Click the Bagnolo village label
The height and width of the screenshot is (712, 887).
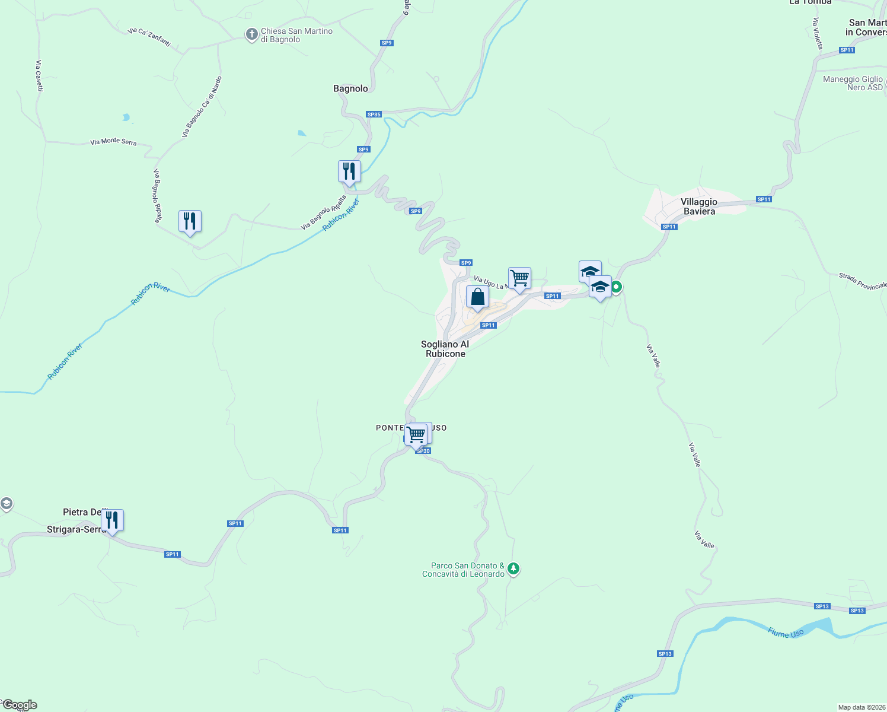click(350, 88)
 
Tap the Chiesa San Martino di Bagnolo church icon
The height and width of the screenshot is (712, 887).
click(251, 34)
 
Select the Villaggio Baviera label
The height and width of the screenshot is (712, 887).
click(699, 206)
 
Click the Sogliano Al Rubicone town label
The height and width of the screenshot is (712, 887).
click(445, 349)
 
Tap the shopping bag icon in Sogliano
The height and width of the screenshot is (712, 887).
click(477, 297)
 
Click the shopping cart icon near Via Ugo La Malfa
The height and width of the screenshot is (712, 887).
click(519, 278)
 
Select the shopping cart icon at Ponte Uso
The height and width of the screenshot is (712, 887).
click(417, 434)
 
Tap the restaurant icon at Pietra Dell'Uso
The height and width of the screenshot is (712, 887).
click(112, 520)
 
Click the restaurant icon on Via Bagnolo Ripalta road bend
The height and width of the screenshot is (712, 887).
click(190, 221)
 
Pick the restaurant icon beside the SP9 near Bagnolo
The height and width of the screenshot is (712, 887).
click(349, 171)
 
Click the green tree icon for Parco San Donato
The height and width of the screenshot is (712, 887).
click(513, 569)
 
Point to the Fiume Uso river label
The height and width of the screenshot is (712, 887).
click(786, 633)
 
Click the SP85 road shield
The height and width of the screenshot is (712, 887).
click(374, 115)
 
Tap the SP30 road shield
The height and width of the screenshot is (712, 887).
click(423, 451)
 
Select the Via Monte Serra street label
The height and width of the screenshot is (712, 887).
click(113, 142)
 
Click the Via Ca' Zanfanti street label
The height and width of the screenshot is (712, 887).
click(149, 37)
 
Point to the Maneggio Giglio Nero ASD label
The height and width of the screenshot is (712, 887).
click(853, 83)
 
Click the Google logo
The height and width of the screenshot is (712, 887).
click(20, 705)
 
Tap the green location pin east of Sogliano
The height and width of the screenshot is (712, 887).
click(616, 287)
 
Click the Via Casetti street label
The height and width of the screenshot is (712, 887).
click(39, 75)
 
